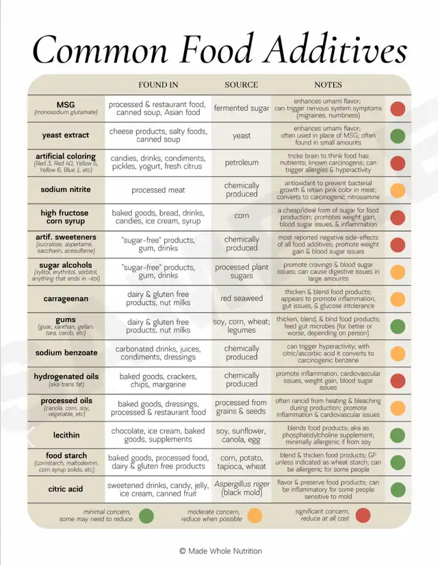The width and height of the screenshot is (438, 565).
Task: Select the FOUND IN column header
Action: (x=158, y=85)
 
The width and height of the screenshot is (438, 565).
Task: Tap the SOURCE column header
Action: (x=241, y=85)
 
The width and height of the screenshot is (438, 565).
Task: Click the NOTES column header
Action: (x=328, y=85)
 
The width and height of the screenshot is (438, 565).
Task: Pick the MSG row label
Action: (x=66, y=104)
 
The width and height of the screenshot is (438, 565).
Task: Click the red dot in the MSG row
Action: (x=398, y=108)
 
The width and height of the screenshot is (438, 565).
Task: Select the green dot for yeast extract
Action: (x=398, y=136)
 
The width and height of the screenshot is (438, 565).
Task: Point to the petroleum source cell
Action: (x=242, y=163)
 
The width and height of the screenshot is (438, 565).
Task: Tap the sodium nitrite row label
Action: (x=66, y=190)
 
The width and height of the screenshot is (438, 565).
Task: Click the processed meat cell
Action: (x=158, y=190)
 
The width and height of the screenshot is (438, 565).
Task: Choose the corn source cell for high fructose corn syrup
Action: (x=242, y=217)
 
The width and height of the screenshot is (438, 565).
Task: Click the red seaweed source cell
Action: (x=242, y=298)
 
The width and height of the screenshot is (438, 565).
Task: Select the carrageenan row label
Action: (x=66, y=298)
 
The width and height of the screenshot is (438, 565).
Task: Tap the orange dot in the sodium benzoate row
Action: (x=398, y=353)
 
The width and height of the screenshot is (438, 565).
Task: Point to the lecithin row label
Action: (x=66, y=435)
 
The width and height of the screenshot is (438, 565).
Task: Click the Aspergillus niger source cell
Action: (x=242, y=488)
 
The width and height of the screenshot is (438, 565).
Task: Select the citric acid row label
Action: (x=66, y=489)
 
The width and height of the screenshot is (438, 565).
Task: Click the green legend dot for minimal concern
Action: (x=146, y=515)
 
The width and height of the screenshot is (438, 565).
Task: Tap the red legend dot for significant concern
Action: (x=363, y=515)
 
